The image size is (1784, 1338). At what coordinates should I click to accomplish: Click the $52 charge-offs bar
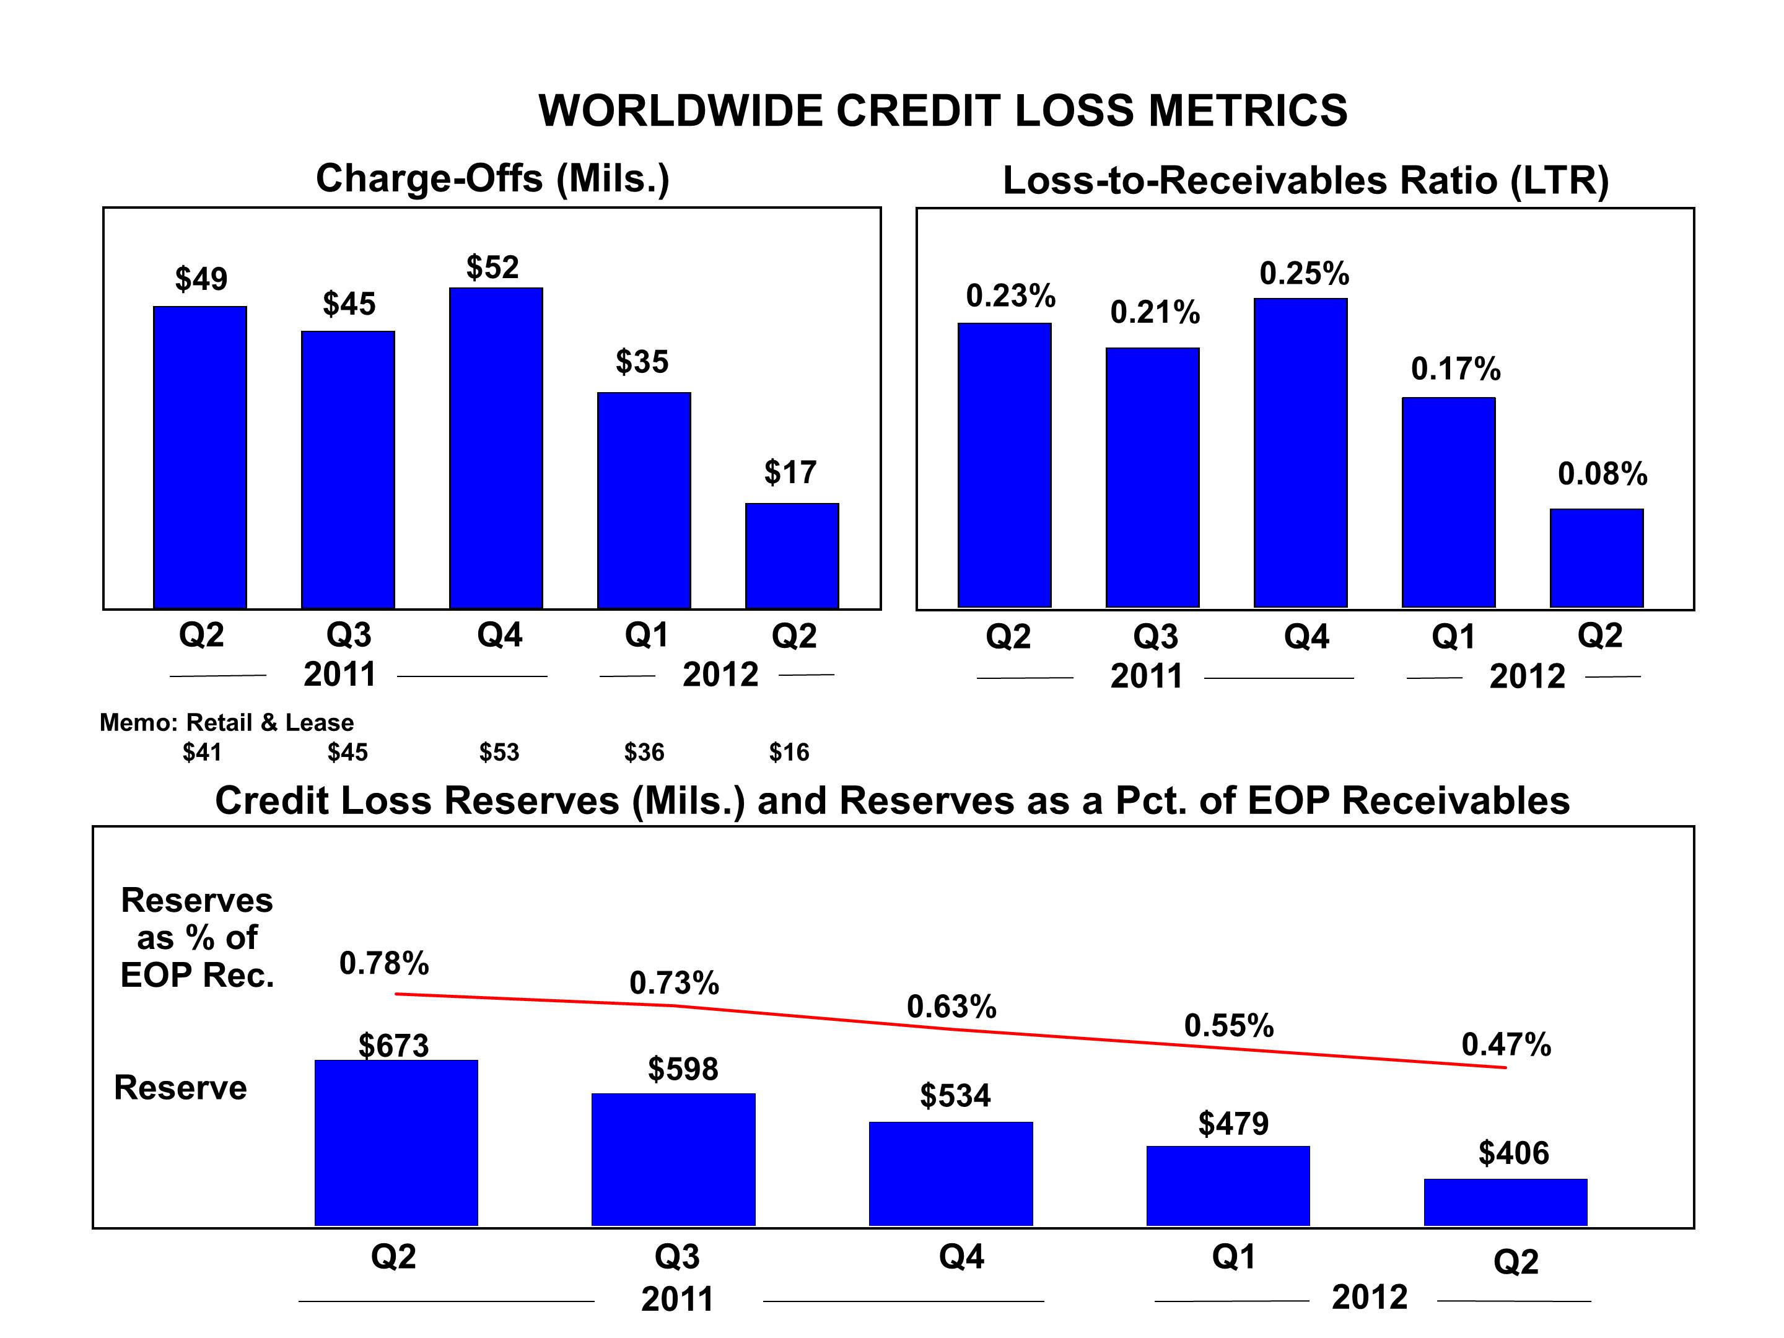click(496, 448)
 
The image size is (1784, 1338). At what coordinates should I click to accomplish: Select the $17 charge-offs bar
click(792, 556)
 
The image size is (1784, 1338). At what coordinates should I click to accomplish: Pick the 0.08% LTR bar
click(1596, 558)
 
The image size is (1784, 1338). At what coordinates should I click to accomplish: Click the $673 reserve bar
click(396, 1143)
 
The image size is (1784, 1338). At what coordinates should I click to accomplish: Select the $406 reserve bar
click(1505, 1202)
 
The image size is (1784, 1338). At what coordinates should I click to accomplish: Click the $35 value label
click(642, 361)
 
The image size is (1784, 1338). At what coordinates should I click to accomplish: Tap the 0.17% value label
click(1455, 369)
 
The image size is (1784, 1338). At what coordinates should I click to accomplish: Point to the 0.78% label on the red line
click(384, 963)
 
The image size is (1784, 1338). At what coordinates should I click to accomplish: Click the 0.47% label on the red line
click(1506, 1044)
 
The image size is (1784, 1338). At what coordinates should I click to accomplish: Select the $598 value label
click(682, 1069)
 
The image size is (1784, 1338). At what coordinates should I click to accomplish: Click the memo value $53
click(499, 753)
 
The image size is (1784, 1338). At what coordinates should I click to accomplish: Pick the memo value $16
click(789, 753)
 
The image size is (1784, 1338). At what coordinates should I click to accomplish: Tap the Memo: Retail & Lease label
click(227, 723)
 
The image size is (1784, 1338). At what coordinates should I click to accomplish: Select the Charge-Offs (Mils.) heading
click(492, 178)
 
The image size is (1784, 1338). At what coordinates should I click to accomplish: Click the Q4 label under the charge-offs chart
click(499, 636)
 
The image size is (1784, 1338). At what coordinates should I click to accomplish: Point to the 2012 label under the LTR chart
click(1527, 676)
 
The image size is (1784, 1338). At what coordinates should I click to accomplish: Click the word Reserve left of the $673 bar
click(181, 1088)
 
